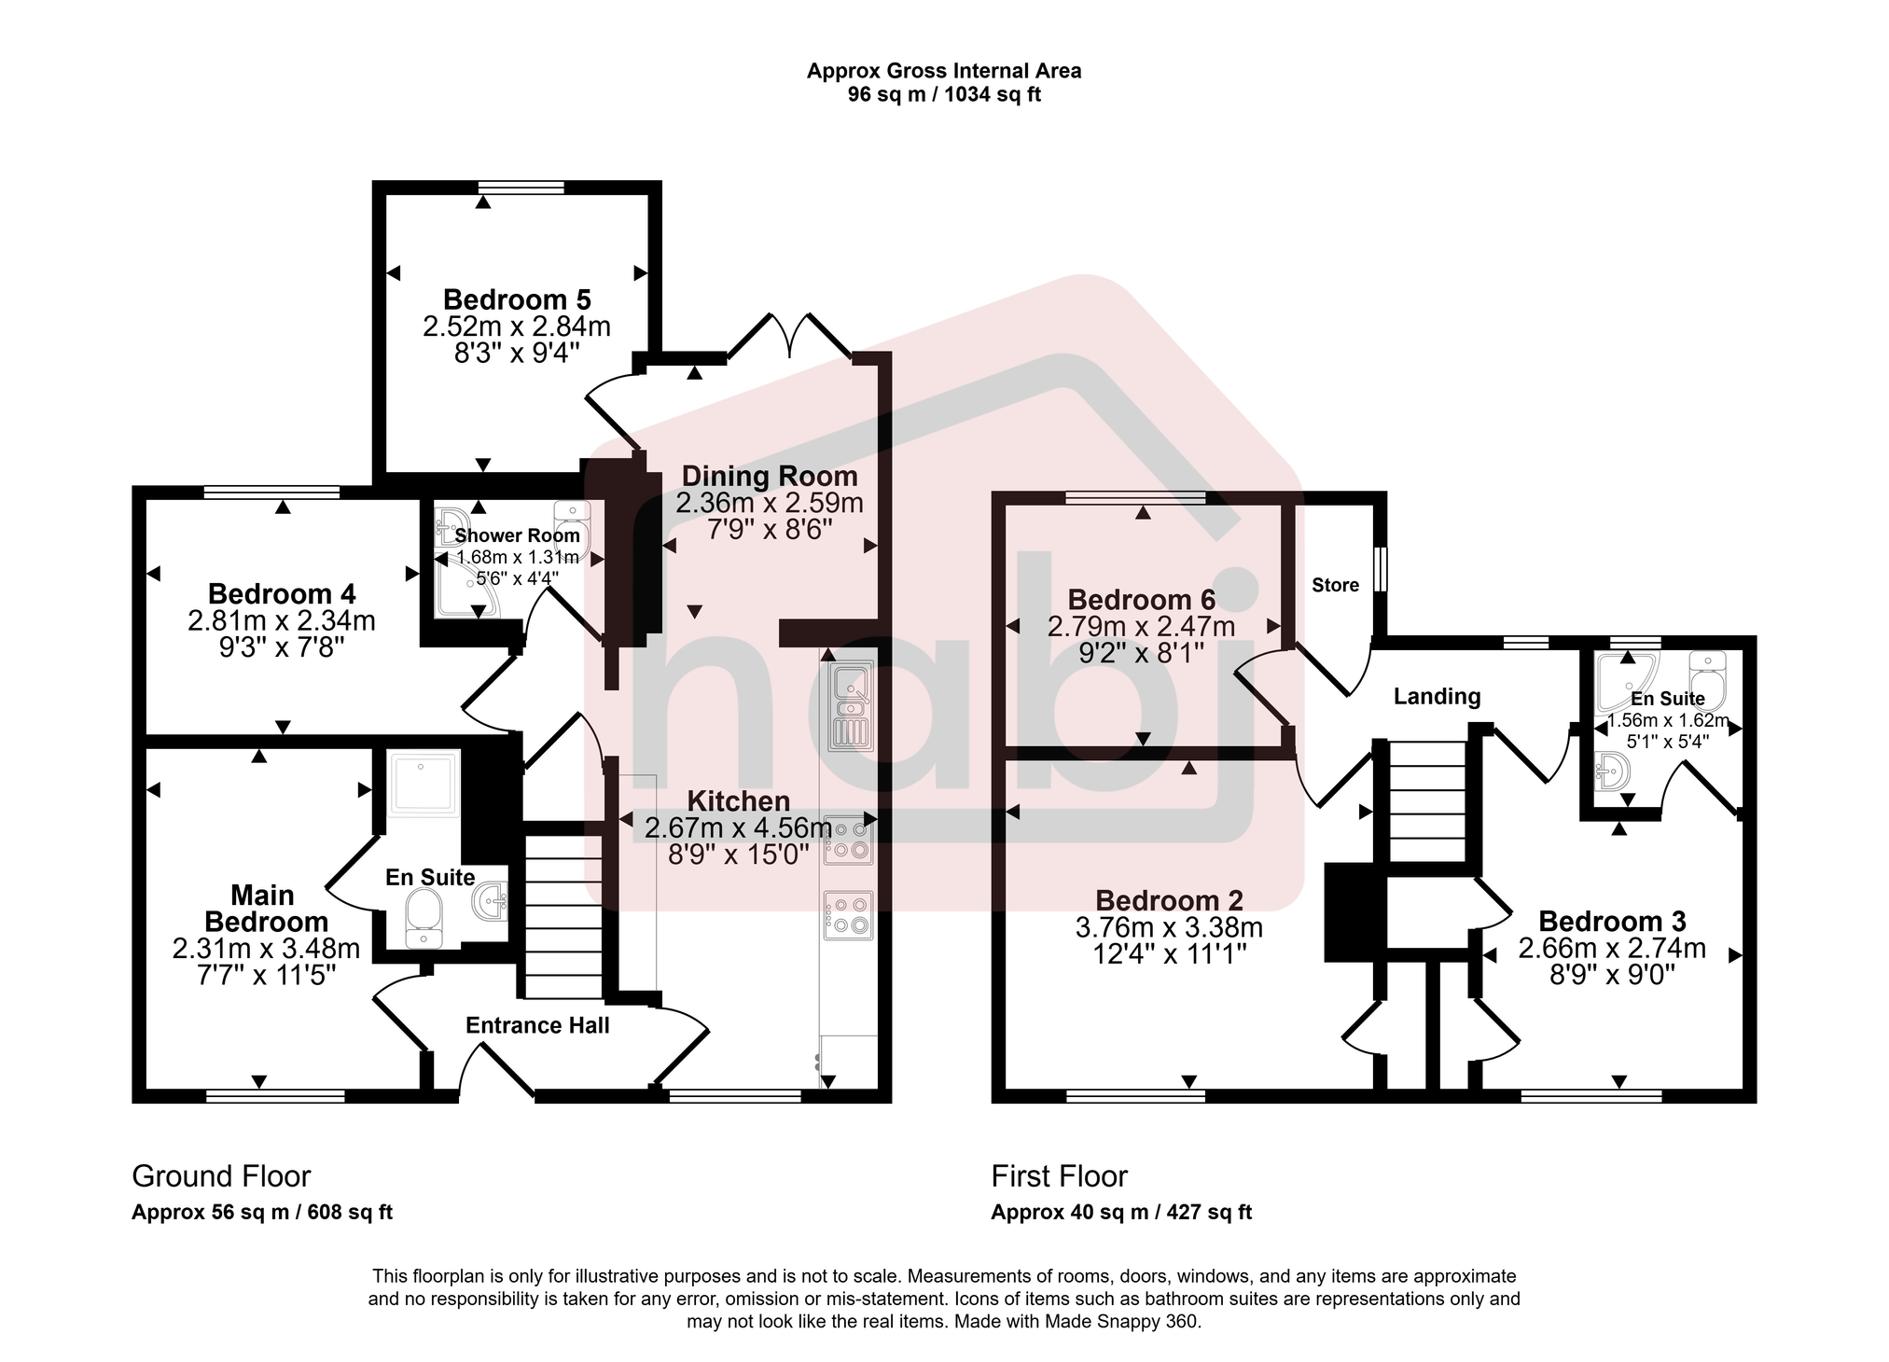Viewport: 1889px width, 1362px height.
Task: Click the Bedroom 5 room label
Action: coord(517,299)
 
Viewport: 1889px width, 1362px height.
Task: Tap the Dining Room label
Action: coord(770,476)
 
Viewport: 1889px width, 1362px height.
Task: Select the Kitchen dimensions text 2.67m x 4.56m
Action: coord(738,827)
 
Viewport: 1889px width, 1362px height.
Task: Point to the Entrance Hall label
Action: coord(537,1025)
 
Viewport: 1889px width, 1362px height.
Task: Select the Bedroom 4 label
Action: coord(282,593)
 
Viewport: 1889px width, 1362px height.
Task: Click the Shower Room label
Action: coord(517,535)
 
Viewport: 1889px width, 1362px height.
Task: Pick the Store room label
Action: coord(1335,585)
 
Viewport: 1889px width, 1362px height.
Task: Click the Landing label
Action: coord(1437,696)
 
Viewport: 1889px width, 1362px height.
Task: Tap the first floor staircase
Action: coord(1427,801)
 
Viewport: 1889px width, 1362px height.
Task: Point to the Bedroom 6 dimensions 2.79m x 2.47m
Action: coord(1141,627)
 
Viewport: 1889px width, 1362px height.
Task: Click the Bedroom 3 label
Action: coord(1612,922)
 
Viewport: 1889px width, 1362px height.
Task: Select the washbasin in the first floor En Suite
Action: coord(1612,771)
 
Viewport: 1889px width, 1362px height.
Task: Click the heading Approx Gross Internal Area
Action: coord(944,71)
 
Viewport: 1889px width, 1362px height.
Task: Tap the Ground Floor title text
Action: coord(221,1176)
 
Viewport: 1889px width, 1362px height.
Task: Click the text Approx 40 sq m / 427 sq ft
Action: coord(1121,1212)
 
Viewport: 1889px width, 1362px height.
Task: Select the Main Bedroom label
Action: coord(265,909)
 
